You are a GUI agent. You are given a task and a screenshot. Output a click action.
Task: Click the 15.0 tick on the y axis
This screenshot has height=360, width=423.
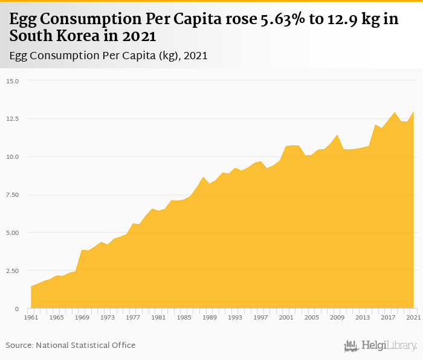pos(13,80)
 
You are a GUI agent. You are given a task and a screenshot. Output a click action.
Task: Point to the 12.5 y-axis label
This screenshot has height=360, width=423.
pos(13,118)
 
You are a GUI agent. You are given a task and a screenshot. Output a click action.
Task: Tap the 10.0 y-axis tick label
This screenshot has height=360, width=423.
pos(13,156)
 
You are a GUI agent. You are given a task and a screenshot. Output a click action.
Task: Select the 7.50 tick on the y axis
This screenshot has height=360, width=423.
pos(13,194)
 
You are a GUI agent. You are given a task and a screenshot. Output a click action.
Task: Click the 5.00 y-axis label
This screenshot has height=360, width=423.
pos(13,233)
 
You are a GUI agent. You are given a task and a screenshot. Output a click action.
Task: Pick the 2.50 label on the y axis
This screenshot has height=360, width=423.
pos(13,271)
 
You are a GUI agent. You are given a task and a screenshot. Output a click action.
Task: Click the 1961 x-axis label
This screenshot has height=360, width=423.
pos(31,317)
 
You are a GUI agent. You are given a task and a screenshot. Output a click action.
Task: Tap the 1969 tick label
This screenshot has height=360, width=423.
pos(82,317)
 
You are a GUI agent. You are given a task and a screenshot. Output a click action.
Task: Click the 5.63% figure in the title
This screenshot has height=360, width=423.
pos(283,19)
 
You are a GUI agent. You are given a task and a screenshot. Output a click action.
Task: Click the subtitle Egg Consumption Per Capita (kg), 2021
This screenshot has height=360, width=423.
pos(109,56)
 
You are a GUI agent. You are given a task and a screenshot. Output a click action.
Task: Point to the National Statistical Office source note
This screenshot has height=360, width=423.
pos(71,345)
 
